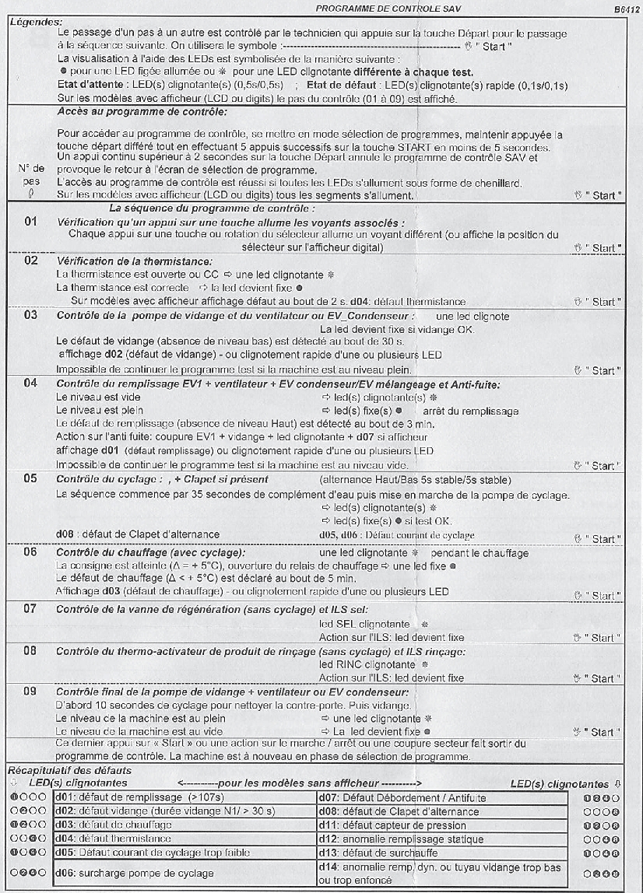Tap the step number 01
tap(31, 222)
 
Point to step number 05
tap(31, 478)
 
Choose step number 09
tap(31, 692)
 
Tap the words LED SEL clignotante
tap(365, 624)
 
